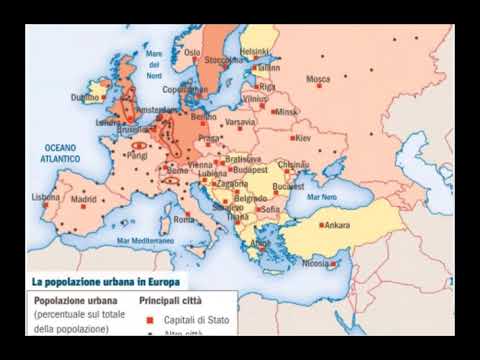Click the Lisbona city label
pos(46,197)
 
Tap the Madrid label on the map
pos(83,199)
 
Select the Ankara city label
pos(337,225)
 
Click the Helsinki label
pos(256,51)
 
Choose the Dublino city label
pos(85,98)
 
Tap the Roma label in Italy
pos(184,219)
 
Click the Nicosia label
pos(315,264)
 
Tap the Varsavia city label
pos(240,123)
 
